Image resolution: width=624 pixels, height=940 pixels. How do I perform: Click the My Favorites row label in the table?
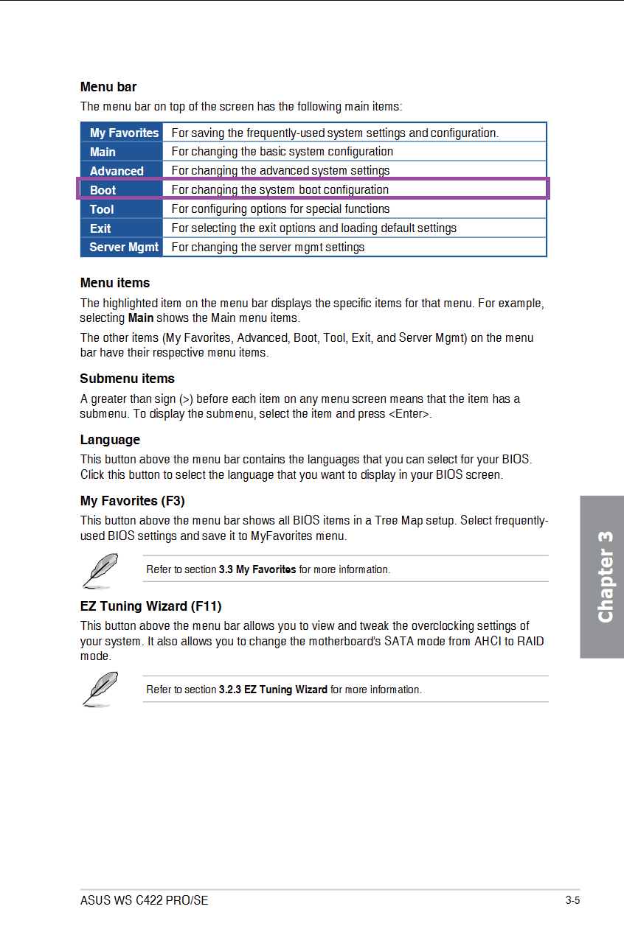[x=124, y=133]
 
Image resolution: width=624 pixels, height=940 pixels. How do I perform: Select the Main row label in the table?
[x=103, y=152]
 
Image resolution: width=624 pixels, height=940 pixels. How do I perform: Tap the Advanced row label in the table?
[x=117, y=171]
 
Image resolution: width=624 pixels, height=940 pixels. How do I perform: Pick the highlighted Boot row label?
[x=103, y=190]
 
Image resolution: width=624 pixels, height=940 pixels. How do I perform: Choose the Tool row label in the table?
[x=102, y=209]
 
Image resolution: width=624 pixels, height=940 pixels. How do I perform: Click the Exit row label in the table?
[x=100, y=228]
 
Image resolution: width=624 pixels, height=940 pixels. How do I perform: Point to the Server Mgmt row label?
[x=124, y=248]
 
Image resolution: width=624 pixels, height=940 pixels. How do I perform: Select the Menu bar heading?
[x=108, y=87]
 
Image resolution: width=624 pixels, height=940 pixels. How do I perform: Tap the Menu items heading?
[x=115, y=283]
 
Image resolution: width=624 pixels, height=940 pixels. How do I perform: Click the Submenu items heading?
[x=127, y=379]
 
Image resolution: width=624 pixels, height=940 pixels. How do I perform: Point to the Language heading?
[x=110, y=440]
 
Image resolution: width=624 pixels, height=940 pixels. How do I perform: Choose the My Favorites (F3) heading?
[x=132, y=501]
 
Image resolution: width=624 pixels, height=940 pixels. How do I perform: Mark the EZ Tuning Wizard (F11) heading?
[x=150, y=606]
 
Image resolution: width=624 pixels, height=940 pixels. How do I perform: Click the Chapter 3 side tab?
[x=603, y=577]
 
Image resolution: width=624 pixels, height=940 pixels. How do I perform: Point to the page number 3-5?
[x=572, y=900]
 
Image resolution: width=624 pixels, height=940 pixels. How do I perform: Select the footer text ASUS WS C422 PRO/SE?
[x=144, y=900]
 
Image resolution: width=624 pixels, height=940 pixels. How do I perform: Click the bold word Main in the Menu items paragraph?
[x=141, y=318]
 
